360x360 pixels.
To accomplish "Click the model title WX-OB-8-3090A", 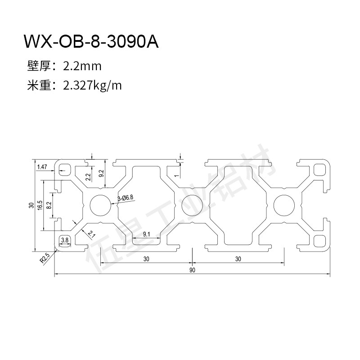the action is point(91,42).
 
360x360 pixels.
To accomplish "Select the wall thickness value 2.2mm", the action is point(82,66).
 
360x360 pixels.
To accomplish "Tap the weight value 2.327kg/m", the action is point(92,85).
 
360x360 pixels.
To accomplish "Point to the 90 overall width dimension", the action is point(192,270).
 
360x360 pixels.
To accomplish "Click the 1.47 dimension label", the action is point(42,167).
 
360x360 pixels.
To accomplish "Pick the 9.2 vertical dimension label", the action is point(101,173).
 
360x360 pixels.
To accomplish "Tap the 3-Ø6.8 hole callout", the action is point(126,198).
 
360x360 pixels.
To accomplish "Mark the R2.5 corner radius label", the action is point(45,258).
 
